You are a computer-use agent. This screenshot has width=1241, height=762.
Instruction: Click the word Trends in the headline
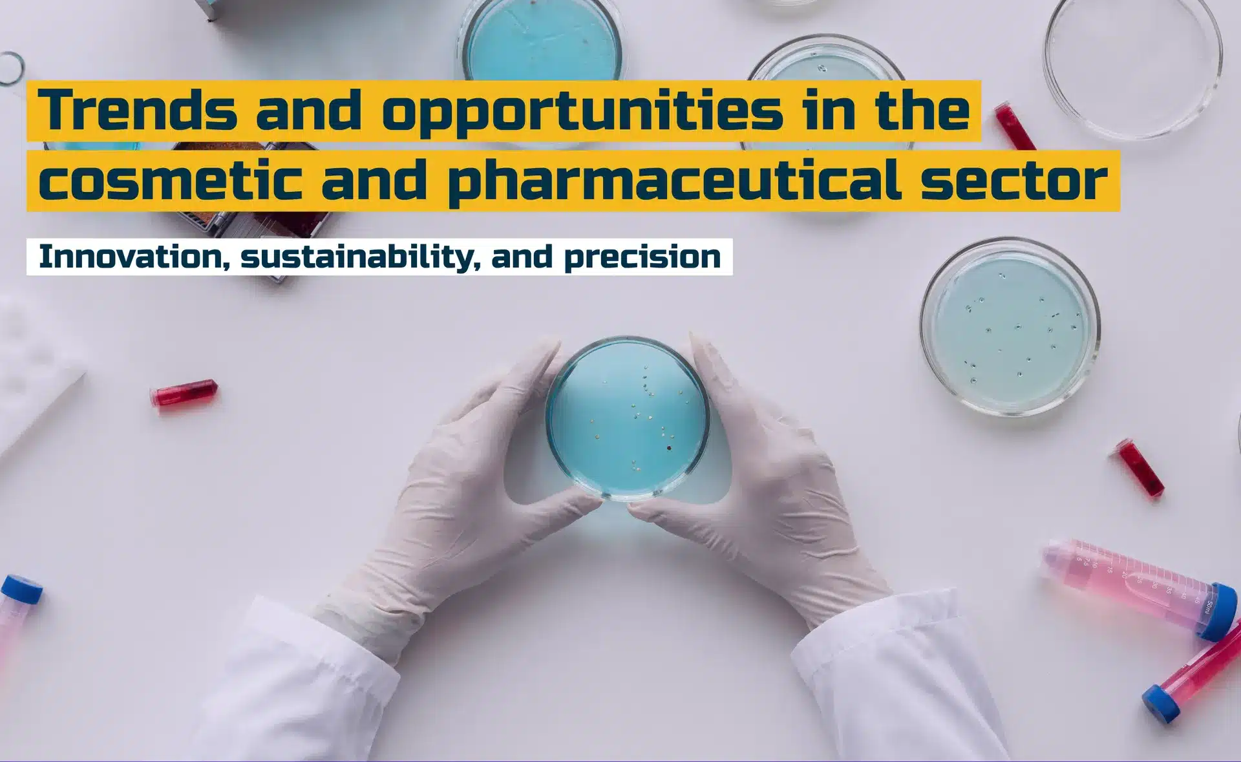[x=138, y=110]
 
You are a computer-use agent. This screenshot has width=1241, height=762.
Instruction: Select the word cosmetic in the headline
[x=170, y=180]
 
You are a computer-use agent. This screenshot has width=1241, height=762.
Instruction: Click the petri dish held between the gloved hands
[x=628, y=418]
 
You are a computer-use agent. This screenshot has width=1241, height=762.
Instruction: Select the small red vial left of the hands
[x=184, y=392]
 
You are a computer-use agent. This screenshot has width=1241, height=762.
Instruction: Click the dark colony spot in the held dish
[x=669, y=447]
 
